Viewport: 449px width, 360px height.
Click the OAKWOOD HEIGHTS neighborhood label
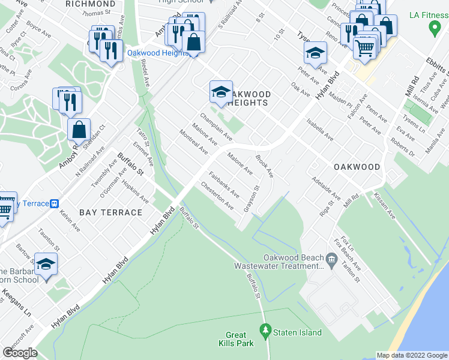point(247,98)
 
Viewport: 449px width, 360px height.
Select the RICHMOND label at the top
point(91,3)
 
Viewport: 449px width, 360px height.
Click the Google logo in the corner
point(20,352)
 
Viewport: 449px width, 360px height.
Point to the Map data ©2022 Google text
point(412,355)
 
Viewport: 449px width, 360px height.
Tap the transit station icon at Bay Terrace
point(54,203)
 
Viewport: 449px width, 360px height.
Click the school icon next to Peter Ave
point(315,53)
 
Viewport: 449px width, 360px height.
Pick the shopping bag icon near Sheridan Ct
point(79,129)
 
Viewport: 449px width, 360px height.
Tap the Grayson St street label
point(251,199)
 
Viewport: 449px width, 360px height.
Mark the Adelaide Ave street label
point(327,188)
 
